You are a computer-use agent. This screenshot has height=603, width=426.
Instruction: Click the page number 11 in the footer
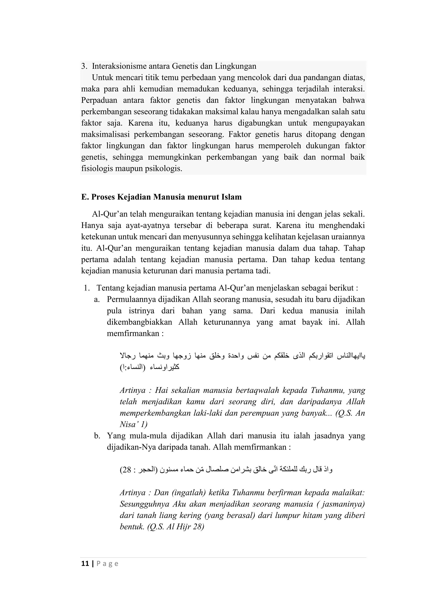click(x=85, y=564)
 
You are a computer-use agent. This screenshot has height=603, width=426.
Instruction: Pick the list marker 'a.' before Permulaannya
click(x=97, y=299)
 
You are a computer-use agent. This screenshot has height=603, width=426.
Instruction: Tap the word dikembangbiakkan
click(x=139, y=322)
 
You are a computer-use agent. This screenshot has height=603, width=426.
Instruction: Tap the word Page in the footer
click(x=108, y=564)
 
